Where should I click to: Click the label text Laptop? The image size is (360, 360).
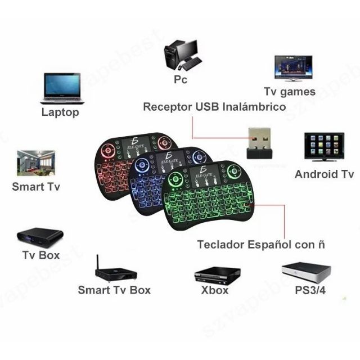(x=60, y=112)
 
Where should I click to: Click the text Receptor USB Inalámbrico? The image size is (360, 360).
(x=214, y=106)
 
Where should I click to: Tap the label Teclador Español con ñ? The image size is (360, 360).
(x=261, y=245)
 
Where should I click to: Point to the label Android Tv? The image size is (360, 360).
(x=324, y=174)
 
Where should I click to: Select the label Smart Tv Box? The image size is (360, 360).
(x=114, y=290)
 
